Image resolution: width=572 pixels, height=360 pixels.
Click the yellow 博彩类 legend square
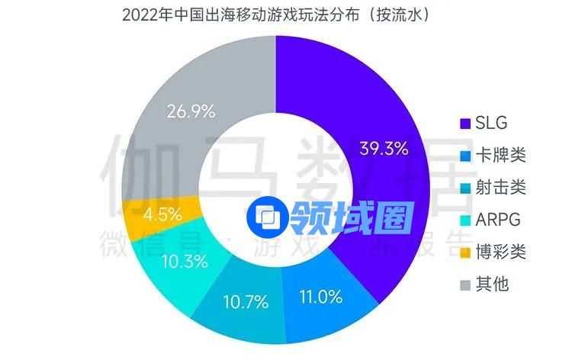(x=464, y=252)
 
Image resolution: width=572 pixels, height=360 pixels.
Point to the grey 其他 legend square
(x=464, y=284)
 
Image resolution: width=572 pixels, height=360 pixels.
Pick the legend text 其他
(x=492, y=284)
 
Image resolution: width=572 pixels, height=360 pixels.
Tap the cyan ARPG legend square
(x=464, y=220)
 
